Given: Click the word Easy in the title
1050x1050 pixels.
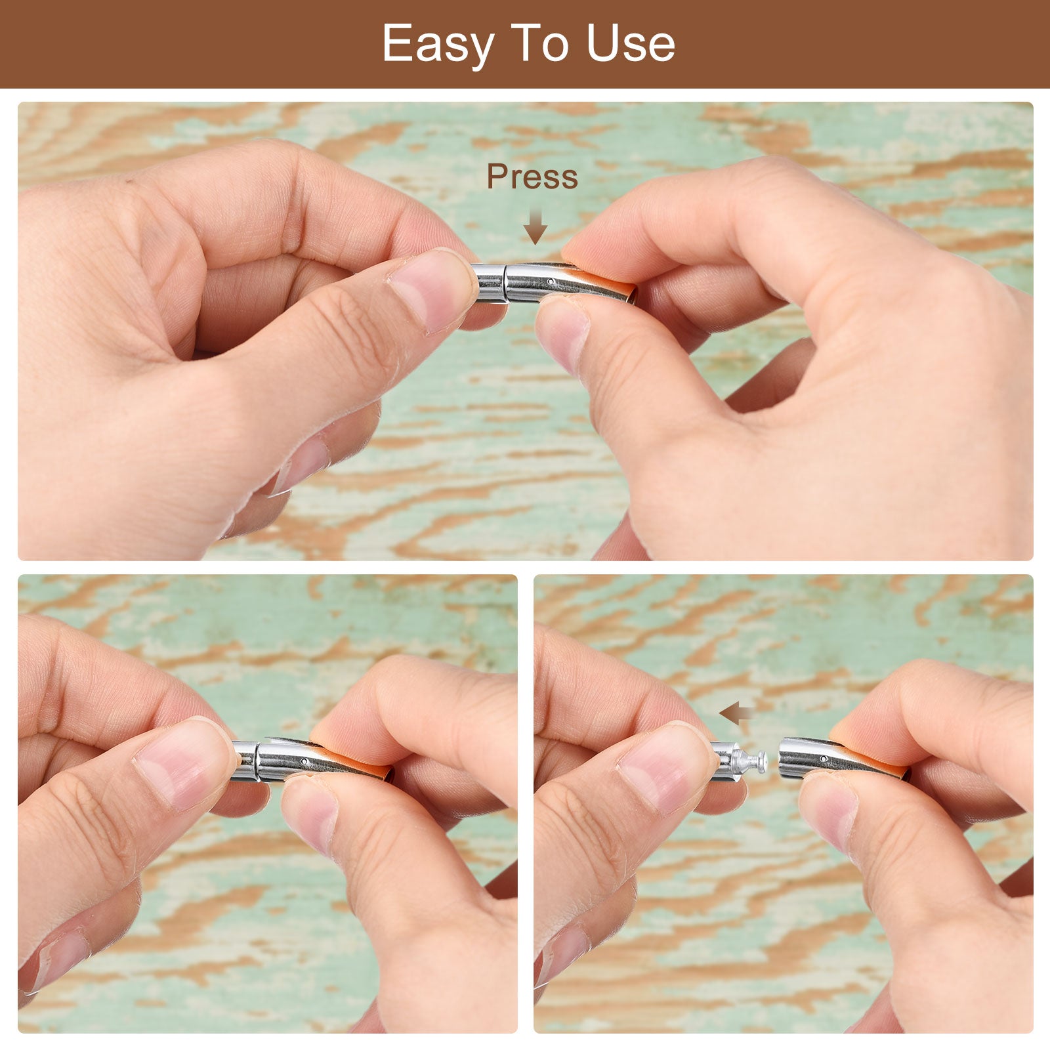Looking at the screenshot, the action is (438, 45).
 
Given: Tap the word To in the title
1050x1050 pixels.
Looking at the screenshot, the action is (541, 43).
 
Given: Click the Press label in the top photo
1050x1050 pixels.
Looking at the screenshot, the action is (532, 177).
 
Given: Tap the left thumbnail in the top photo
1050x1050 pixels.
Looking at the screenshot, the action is (432, 290).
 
